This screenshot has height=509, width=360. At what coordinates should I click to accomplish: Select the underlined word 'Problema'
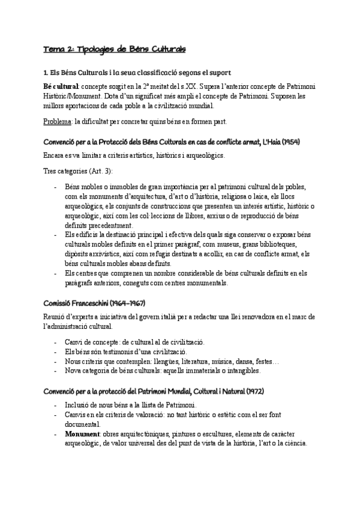pos(57,121)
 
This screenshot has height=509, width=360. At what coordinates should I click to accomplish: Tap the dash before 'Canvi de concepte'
pos(56,342)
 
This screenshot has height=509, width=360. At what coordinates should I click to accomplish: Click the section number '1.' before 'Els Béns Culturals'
pos(46,73)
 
